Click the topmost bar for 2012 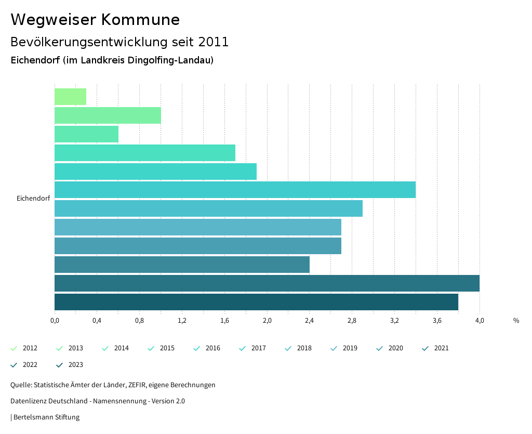70,97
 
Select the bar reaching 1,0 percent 108,115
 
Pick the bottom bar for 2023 256,302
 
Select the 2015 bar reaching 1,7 145,153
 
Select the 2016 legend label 213,348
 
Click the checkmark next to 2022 14,365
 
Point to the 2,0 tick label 267,321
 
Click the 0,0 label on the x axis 55,321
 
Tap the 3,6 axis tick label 437,321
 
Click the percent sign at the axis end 516,321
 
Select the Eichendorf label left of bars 33,198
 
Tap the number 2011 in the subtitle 214,42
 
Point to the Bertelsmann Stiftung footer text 46,417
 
